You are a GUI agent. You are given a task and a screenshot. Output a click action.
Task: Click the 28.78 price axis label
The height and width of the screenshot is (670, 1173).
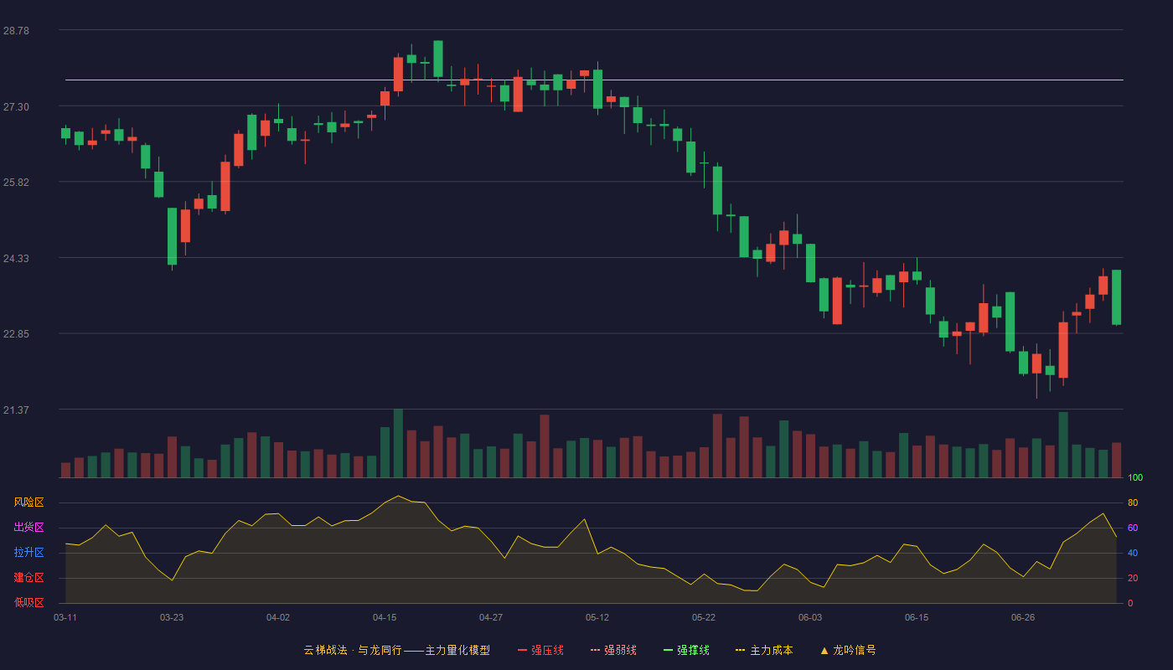(x=16, y=31)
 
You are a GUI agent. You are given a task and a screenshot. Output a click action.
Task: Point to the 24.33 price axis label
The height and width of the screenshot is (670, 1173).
(x=16, y=259)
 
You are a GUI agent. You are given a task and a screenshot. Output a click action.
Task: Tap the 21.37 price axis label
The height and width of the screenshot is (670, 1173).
(x=16, y=410)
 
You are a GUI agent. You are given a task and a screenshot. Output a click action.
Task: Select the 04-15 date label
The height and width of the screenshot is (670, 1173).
(x=385, y=618)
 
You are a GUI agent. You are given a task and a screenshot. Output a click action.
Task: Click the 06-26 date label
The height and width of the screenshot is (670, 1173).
(x=1023, y=618)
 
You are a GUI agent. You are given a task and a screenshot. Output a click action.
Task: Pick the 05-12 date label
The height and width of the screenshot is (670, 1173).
(x=597, y=618)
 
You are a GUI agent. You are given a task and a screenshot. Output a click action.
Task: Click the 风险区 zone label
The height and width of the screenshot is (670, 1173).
(x=28, y=502)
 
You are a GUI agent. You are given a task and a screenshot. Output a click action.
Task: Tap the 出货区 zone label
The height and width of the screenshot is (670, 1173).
(x=28, y=527)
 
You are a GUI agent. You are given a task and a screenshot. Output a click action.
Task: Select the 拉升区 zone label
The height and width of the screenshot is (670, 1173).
(x=28, y=552)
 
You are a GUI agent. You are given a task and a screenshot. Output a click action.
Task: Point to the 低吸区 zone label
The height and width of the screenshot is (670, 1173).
(x=28, y=602)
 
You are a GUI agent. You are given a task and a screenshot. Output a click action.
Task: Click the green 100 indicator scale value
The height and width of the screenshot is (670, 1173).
(x=1135, y=477)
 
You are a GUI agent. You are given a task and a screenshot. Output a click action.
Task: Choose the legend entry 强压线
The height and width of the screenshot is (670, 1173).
(x=541, y=650)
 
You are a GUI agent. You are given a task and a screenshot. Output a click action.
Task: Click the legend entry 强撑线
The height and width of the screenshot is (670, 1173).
(x=686, y=650)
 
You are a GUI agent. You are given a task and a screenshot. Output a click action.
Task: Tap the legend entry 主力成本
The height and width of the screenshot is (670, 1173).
(x=764, y=650)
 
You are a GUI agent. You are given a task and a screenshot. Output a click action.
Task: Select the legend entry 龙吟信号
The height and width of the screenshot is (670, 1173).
(x=848, y=650)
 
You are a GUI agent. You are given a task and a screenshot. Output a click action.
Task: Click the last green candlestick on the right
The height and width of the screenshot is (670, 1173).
(x=1116, y=297)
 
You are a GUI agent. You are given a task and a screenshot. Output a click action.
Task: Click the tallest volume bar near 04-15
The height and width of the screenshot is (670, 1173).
(x=398, y=443)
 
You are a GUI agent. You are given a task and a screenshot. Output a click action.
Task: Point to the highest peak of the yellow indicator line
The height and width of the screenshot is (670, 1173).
(x=398, y=496)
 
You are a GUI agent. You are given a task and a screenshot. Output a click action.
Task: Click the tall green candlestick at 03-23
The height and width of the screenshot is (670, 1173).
(x=173, y=236)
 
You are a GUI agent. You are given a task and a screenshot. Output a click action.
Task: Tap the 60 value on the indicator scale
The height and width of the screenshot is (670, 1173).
(x=1133, y=528)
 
